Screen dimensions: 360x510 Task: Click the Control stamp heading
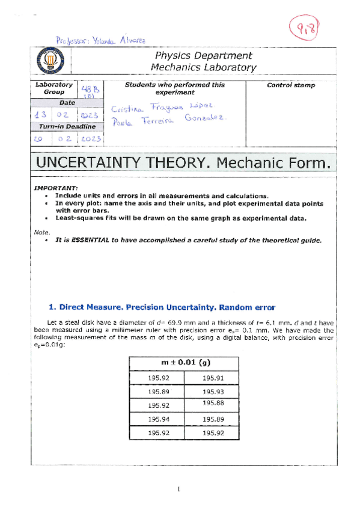click(x=290, y=85)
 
